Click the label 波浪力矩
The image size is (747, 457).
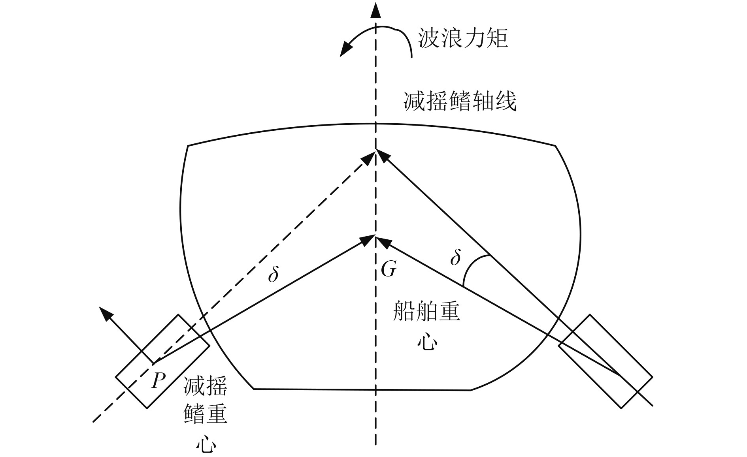(463, 39)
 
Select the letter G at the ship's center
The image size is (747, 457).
(388, 269)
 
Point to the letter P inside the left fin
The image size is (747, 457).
(158, 381)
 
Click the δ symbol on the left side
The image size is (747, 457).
(273, 274)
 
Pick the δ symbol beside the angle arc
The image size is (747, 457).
(455, 258)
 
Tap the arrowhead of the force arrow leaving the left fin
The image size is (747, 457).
(106, 314)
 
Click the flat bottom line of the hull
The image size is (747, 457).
(362, 390)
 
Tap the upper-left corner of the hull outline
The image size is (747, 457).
(188, 146)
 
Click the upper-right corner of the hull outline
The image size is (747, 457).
(556, 146)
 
